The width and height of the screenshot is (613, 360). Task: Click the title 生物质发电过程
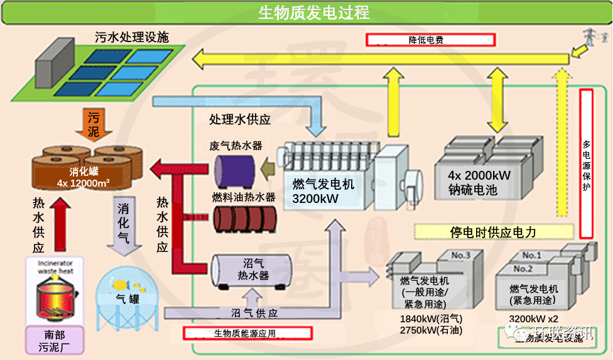(x=306, y=12)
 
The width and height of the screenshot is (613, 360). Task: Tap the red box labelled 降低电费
(x=431, y=40)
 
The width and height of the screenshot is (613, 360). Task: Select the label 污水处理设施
(x=132, y=37)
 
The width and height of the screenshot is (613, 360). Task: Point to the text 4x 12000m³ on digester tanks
(x=83, y=183)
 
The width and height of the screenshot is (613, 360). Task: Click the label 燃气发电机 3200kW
(x=323, y=191)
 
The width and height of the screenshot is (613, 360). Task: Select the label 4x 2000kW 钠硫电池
(x=479, y=182)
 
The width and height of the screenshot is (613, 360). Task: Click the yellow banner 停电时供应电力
(x=493, y=232)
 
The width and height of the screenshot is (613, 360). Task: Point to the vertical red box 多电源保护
(x=586, y=163)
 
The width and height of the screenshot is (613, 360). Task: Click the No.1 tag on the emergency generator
(x=531, y=255)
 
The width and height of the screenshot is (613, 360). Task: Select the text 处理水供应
(x=240, y=119)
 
